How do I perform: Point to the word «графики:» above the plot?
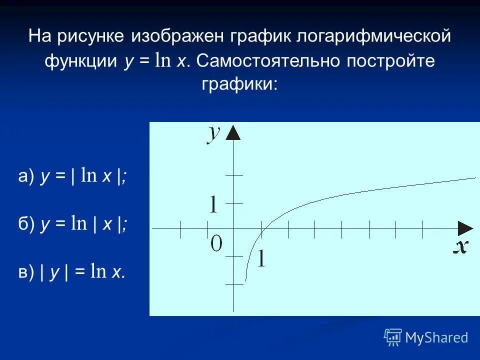pos(239,83)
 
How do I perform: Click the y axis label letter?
pos(214,134)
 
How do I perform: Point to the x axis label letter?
pos(460,246)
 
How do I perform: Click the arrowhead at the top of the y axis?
pos(233,132)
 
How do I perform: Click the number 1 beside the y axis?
pos(213,204)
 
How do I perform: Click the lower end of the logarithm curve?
pos(245,281)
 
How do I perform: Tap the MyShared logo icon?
pos(393,337)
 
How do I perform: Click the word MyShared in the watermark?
pos(436,338)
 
